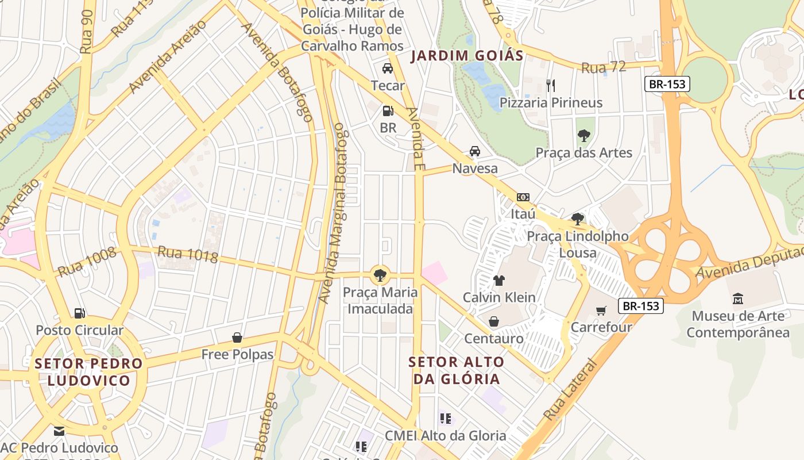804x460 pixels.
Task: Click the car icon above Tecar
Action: [388, 68]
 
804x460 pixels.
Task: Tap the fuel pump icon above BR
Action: [388, 110]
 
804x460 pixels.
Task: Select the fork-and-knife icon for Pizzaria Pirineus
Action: [551, 86]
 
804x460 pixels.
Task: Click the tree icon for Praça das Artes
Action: [583, 136]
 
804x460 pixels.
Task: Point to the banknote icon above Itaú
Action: [523, 197]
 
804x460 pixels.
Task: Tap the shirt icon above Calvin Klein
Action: [498, 281]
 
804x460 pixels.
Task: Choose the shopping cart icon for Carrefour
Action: [601, 310]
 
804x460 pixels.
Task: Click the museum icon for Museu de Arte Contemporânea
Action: [738, 299]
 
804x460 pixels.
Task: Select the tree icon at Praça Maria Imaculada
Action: [379, 275]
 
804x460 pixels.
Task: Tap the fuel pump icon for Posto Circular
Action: [80, 313]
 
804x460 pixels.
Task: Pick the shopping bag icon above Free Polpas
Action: [237, 338]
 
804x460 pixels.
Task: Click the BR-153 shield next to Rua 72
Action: [666, 84]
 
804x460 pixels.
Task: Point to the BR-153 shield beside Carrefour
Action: [641, 306]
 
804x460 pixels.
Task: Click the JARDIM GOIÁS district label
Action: [467, 56]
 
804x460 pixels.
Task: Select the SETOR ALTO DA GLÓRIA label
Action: [457, 370]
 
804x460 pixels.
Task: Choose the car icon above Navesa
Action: [474, 151]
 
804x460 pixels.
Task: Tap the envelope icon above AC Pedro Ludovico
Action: [59, 431]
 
